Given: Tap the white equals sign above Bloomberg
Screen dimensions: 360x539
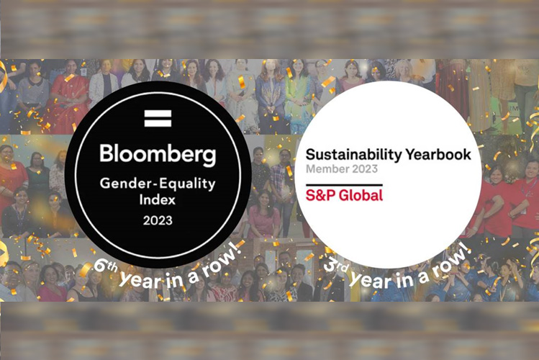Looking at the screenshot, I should [x=158, y=118].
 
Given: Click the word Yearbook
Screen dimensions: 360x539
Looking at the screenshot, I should [x=441, y=155].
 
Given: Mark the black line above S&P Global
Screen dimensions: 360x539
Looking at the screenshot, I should [x=344, y=184].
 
